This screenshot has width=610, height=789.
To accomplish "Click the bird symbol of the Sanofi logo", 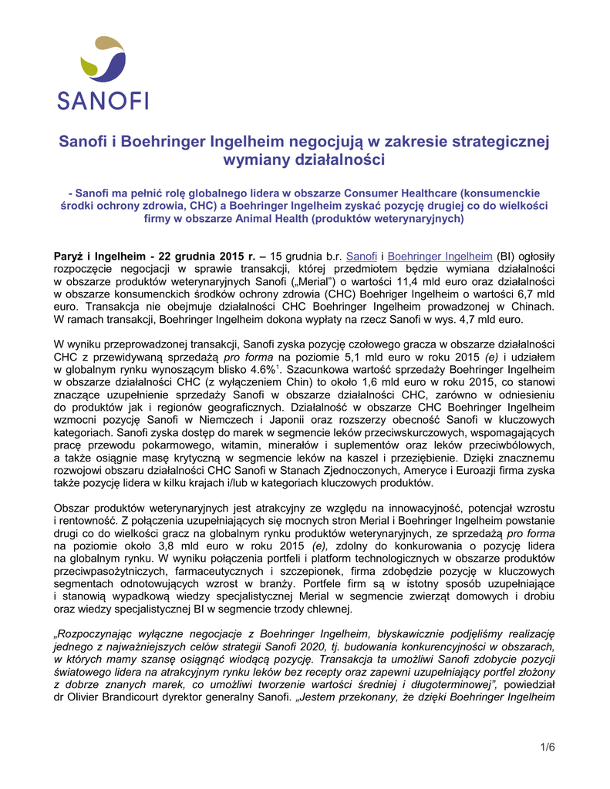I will click(x=103, y=60).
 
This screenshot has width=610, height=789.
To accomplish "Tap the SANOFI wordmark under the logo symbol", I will click(x=103, y=100).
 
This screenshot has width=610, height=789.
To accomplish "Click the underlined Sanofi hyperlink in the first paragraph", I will click(x=362, y=256).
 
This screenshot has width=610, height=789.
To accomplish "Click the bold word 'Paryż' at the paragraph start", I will click(x=71, y=256).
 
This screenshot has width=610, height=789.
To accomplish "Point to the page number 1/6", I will click(x=548, y=747).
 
